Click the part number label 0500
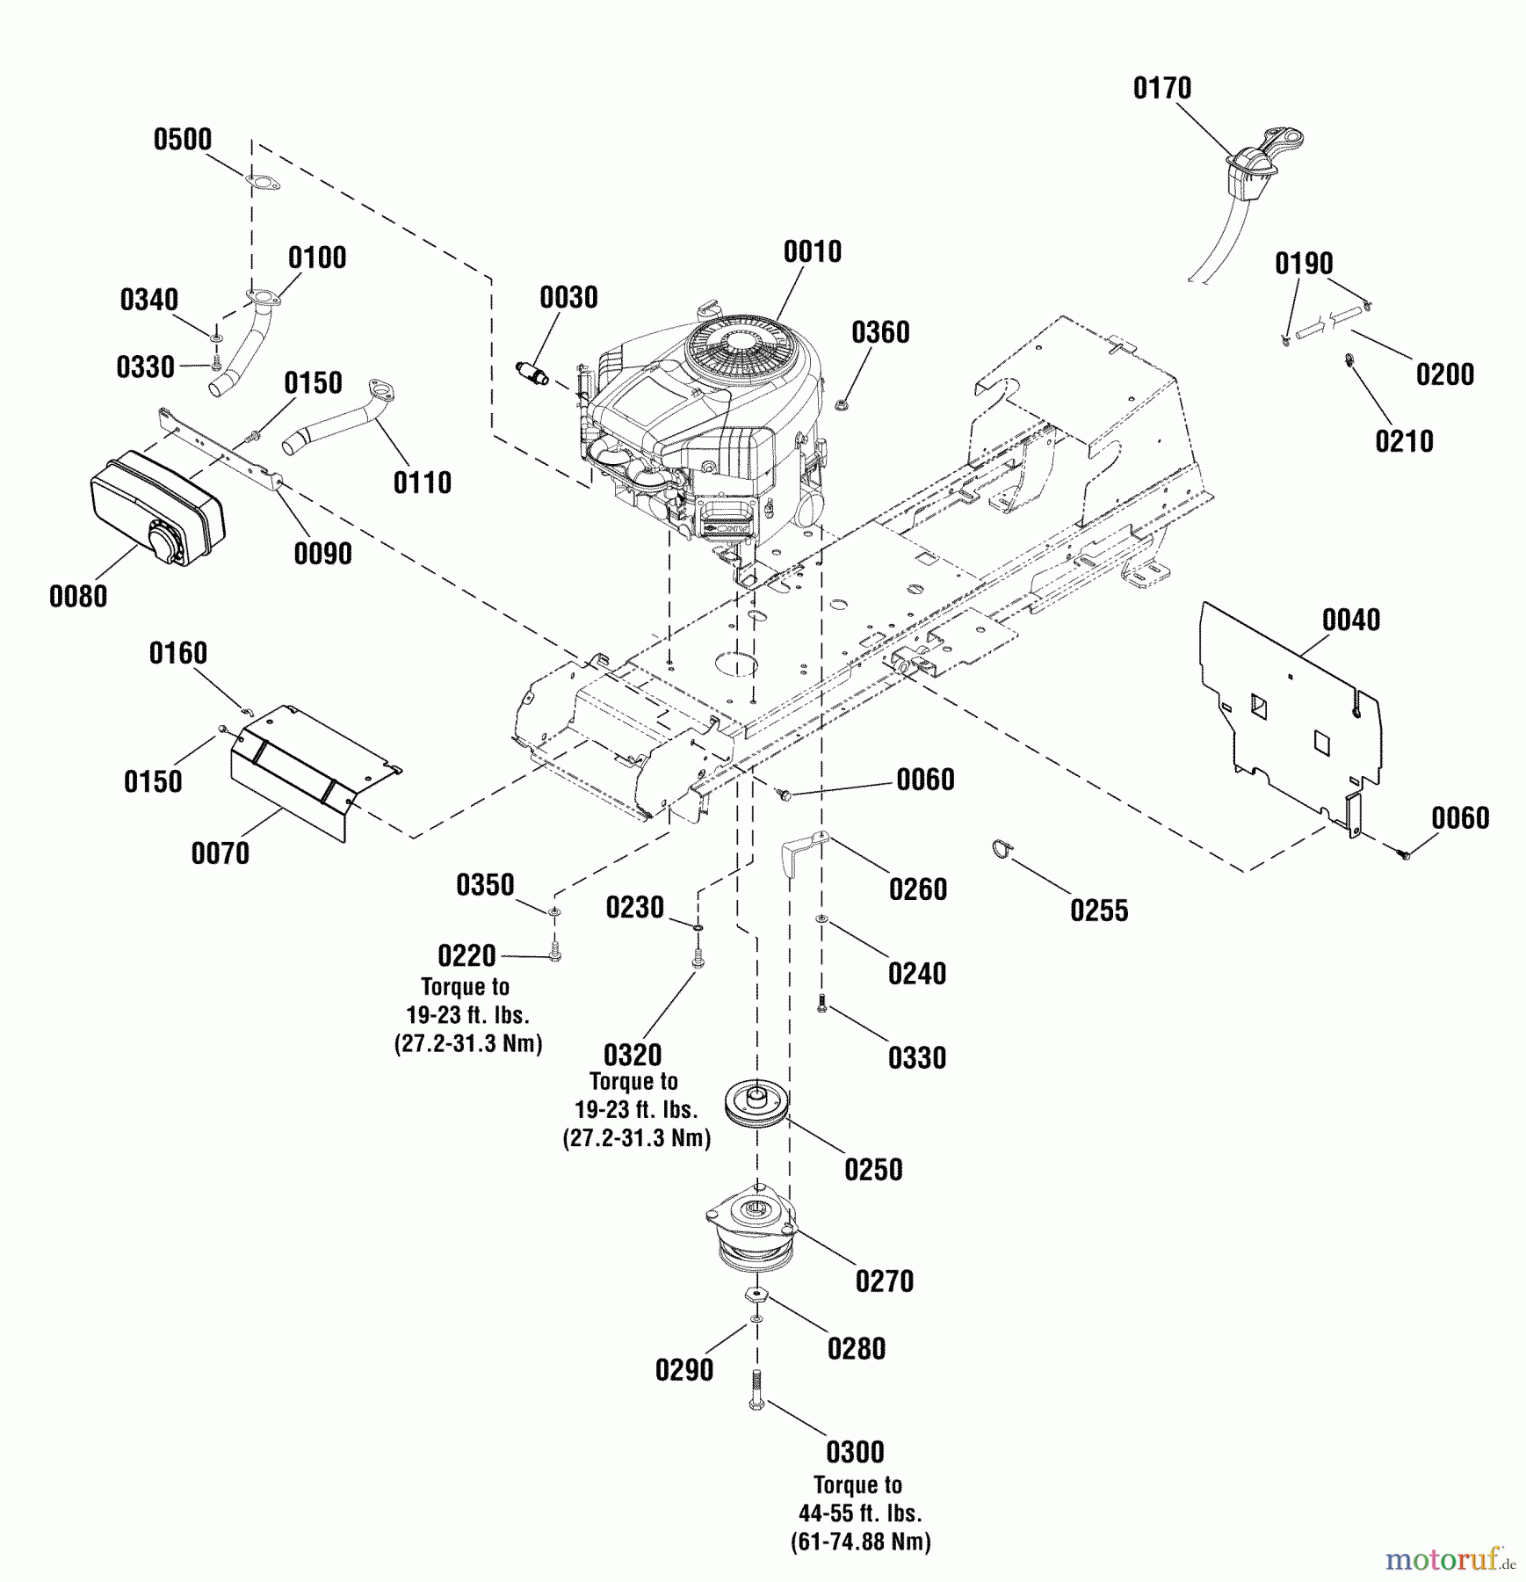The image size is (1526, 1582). [x=183, y=140]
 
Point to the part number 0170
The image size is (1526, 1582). [x=1162, y=88]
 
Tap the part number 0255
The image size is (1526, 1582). [x=1099, y=911]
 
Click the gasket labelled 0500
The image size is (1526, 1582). [x=262, y=184]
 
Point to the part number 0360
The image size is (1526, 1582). [x=880, y=332]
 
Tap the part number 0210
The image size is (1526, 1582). [x=1404, y=441]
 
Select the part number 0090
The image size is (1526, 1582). [x=323, y=554]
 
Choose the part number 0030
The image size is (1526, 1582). [x=568, y=297]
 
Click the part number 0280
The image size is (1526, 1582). [x=857, y=1348]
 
